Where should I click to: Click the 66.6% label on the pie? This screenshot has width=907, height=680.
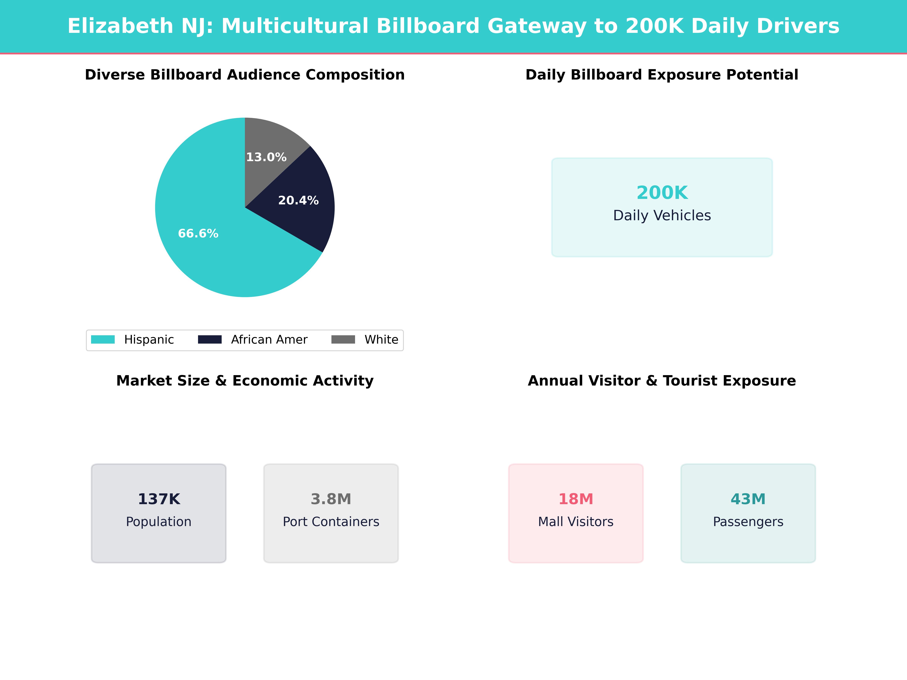[198, 234]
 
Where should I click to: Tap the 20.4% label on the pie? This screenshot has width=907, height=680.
[298, 200]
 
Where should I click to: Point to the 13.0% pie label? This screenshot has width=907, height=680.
[266, 157]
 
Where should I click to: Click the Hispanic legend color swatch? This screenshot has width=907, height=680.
[102, 339]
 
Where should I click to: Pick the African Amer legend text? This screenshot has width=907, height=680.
[269, 339]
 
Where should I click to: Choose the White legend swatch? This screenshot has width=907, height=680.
[343, 339]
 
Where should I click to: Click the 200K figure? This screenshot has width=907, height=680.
[662, 193]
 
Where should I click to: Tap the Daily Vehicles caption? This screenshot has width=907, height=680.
[662, 215]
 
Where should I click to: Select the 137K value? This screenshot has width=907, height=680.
[159, 499]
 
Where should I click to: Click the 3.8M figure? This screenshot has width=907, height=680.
[331, 499]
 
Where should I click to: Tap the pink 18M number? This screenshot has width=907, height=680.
[576, 499]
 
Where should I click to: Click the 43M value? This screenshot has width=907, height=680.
[748, 499]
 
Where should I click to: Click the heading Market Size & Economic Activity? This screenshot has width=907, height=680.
[245, 381]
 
